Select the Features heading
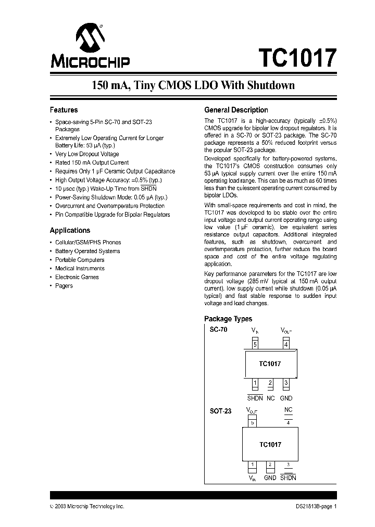pos(64,110)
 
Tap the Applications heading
pos(70,230)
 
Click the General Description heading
pos(236,110)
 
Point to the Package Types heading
pos(228,319)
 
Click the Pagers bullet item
pos(64,286)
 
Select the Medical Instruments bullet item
pos(80,269)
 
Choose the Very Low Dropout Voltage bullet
pos(87,154)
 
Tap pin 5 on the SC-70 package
pos(255,344)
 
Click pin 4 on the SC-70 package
pos(286,344)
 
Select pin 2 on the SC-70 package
pos(270,384)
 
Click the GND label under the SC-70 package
pos(286,398)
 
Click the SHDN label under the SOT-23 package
pos(288,478)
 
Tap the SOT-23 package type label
pos(220,411)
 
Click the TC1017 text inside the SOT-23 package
pos(270,444)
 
